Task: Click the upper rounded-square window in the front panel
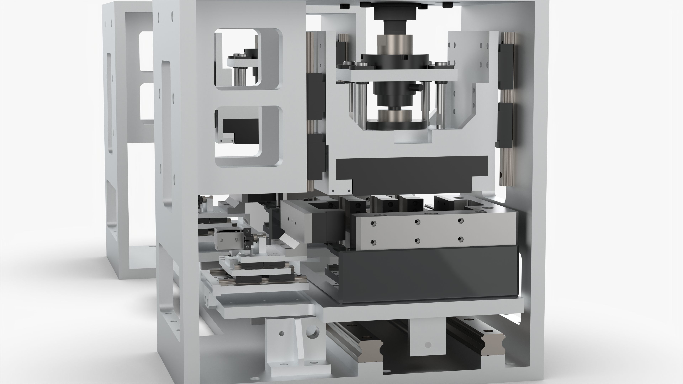248,60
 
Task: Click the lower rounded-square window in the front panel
248,137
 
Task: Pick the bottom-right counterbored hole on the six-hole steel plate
460,239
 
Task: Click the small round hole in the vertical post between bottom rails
428,345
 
